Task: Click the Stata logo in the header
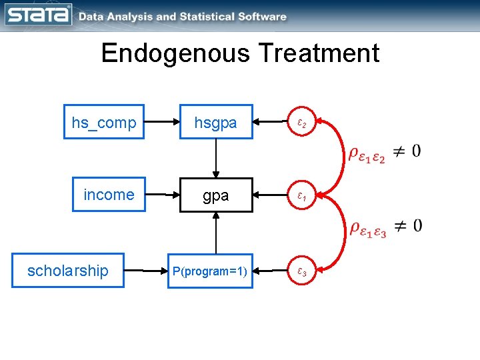coord(38,15)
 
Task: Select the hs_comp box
coord(104,122)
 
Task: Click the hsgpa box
coord(215,122)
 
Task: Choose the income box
coord(109,195)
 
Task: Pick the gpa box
coord(215,195)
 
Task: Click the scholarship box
coord(67,270)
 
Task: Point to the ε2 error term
coord(301,123)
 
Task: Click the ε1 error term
coord(301,197)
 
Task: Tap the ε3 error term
coord(301,271)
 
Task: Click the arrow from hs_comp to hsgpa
coord(161,122)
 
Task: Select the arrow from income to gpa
coord(161,195)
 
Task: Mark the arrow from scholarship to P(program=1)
coord(147,271)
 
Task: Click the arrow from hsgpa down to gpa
coord(215,158)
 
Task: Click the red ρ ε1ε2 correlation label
coord(367,153)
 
